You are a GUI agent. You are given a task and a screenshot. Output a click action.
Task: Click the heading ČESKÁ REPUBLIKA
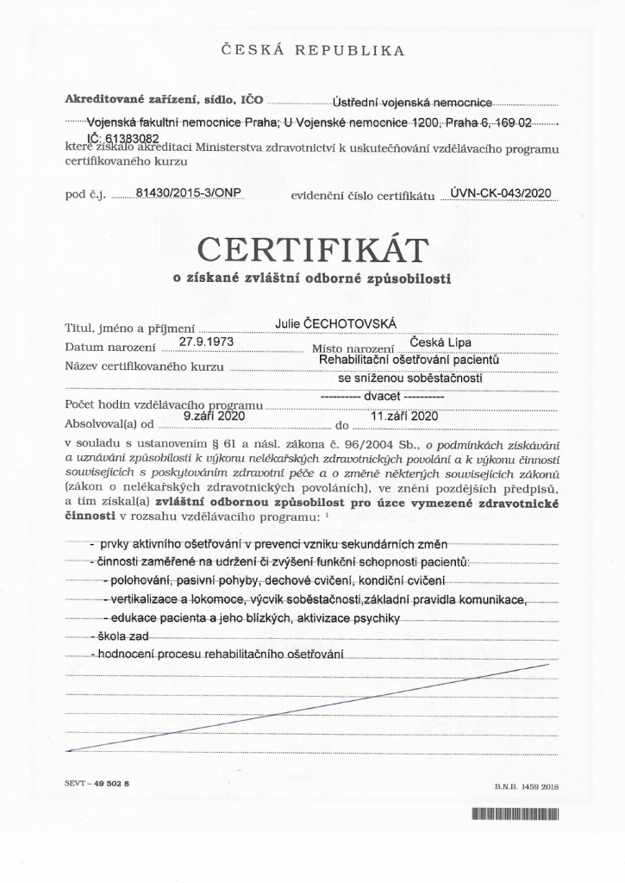pos(312,50)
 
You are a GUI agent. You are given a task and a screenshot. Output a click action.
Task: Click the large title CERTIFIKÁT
pos(312,251)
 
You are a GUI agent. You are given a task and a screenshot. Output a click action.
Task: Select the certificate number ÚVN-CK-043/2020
pos(500,192)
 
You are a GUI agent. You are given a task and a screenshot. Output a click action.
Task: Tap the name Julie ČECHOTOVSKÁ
pos(335,323)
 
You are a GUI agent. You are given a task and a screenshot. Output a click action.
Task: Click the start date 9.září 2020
pos(209,416)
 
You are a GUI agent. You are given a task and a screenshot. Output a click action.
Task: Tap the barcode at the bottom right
pos(516,814)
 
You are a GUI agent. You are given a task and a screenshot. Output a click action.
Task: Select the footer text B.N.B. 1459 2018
pos(527,786)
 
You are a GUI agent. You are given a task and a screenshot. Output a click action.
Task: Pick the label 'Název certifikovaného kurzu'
pos(144,367)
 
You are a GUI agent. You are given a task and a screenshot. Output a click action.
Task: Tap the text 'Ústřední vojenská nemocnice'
pos(412,103)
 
